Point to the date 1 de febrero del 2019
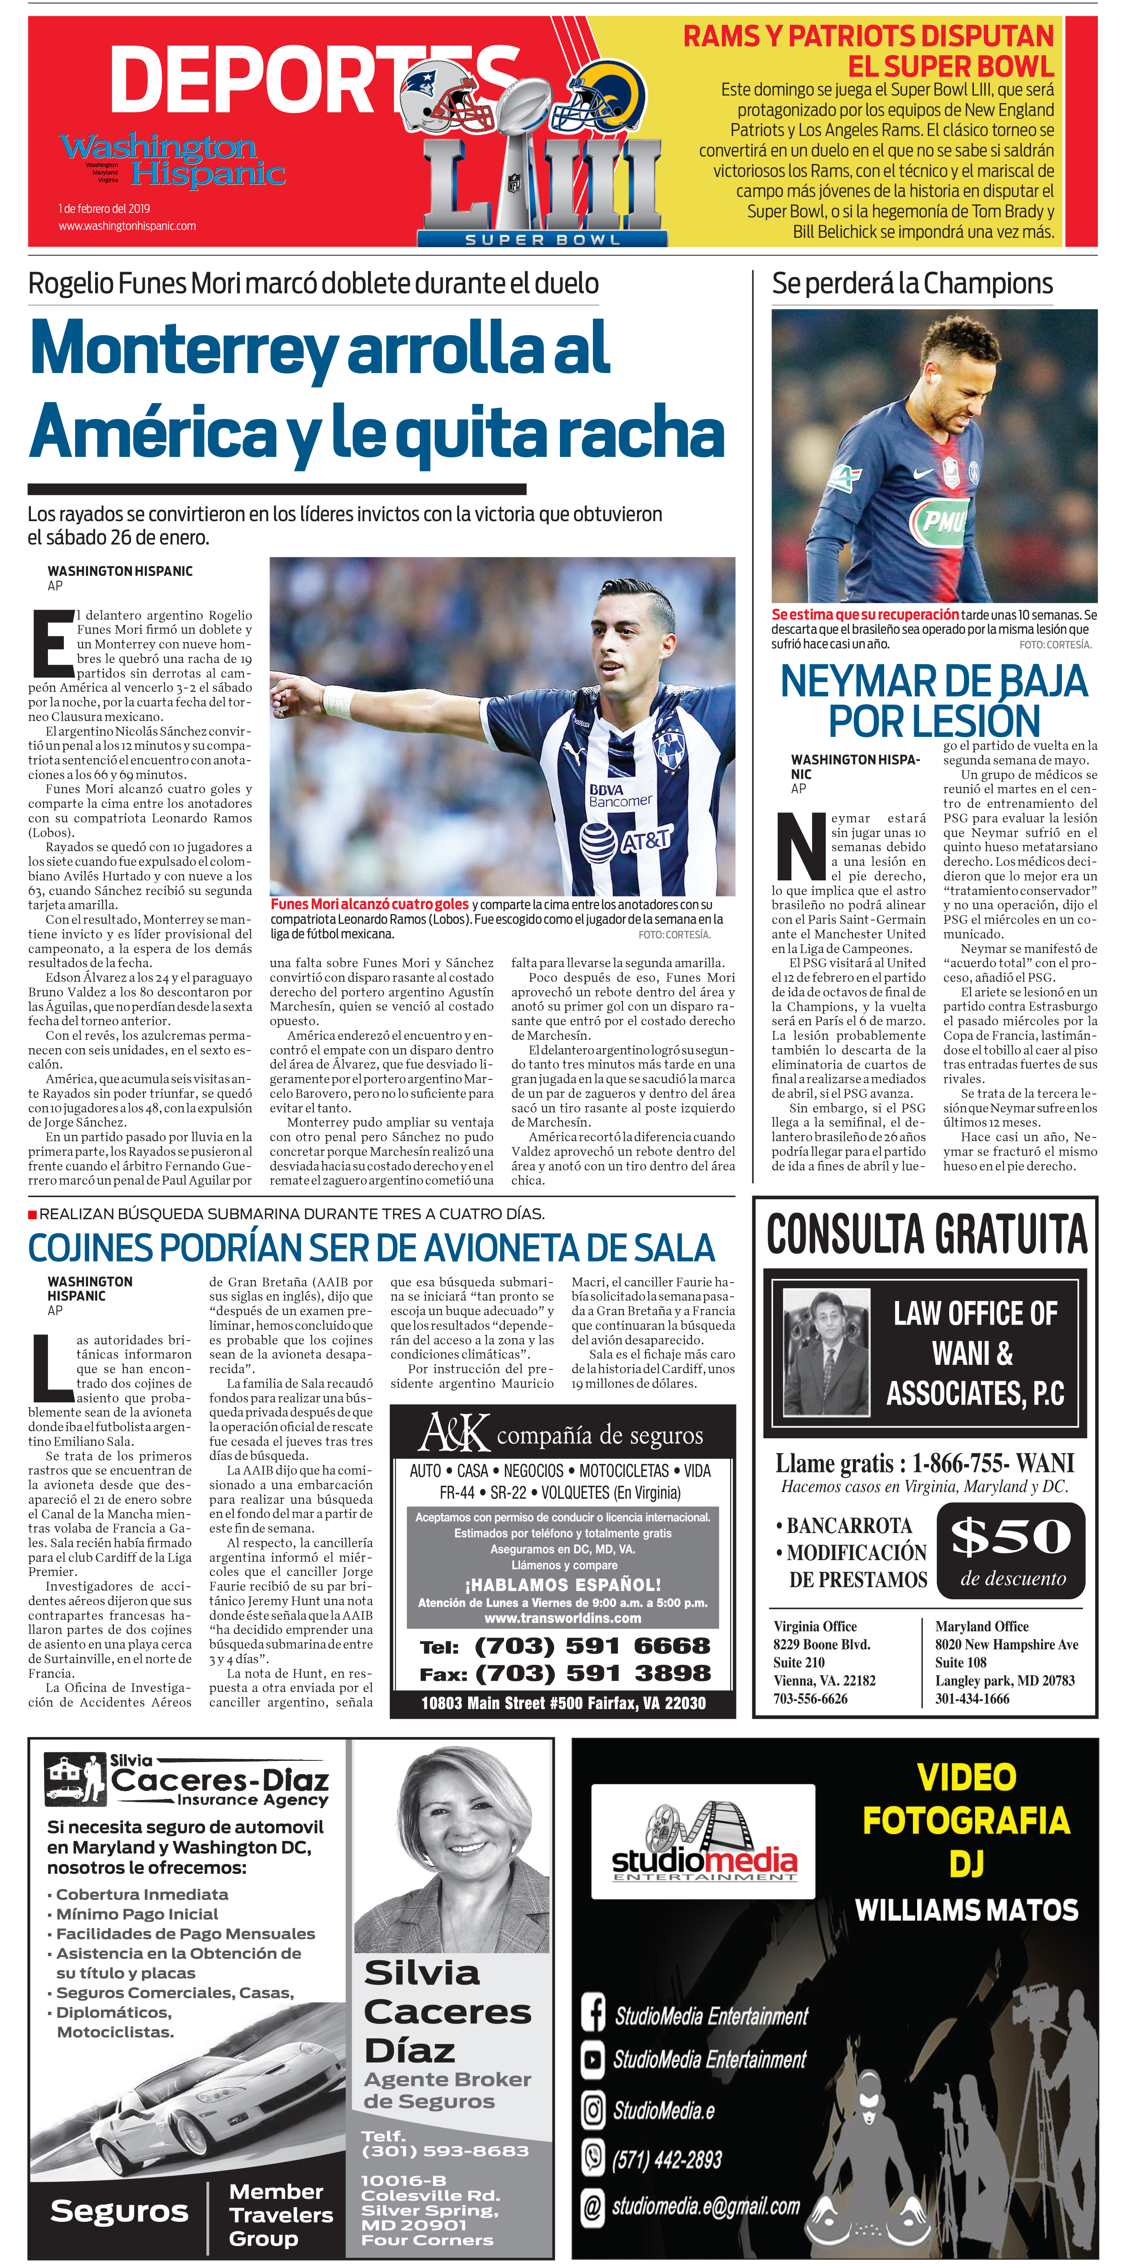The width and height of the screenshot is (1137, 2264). click(105, 208)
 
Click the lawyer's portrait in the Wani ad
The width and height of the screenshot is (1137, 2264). click(826, 1354)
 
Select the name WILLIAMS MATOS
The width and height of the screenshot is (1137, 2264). click(966, 1910)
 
